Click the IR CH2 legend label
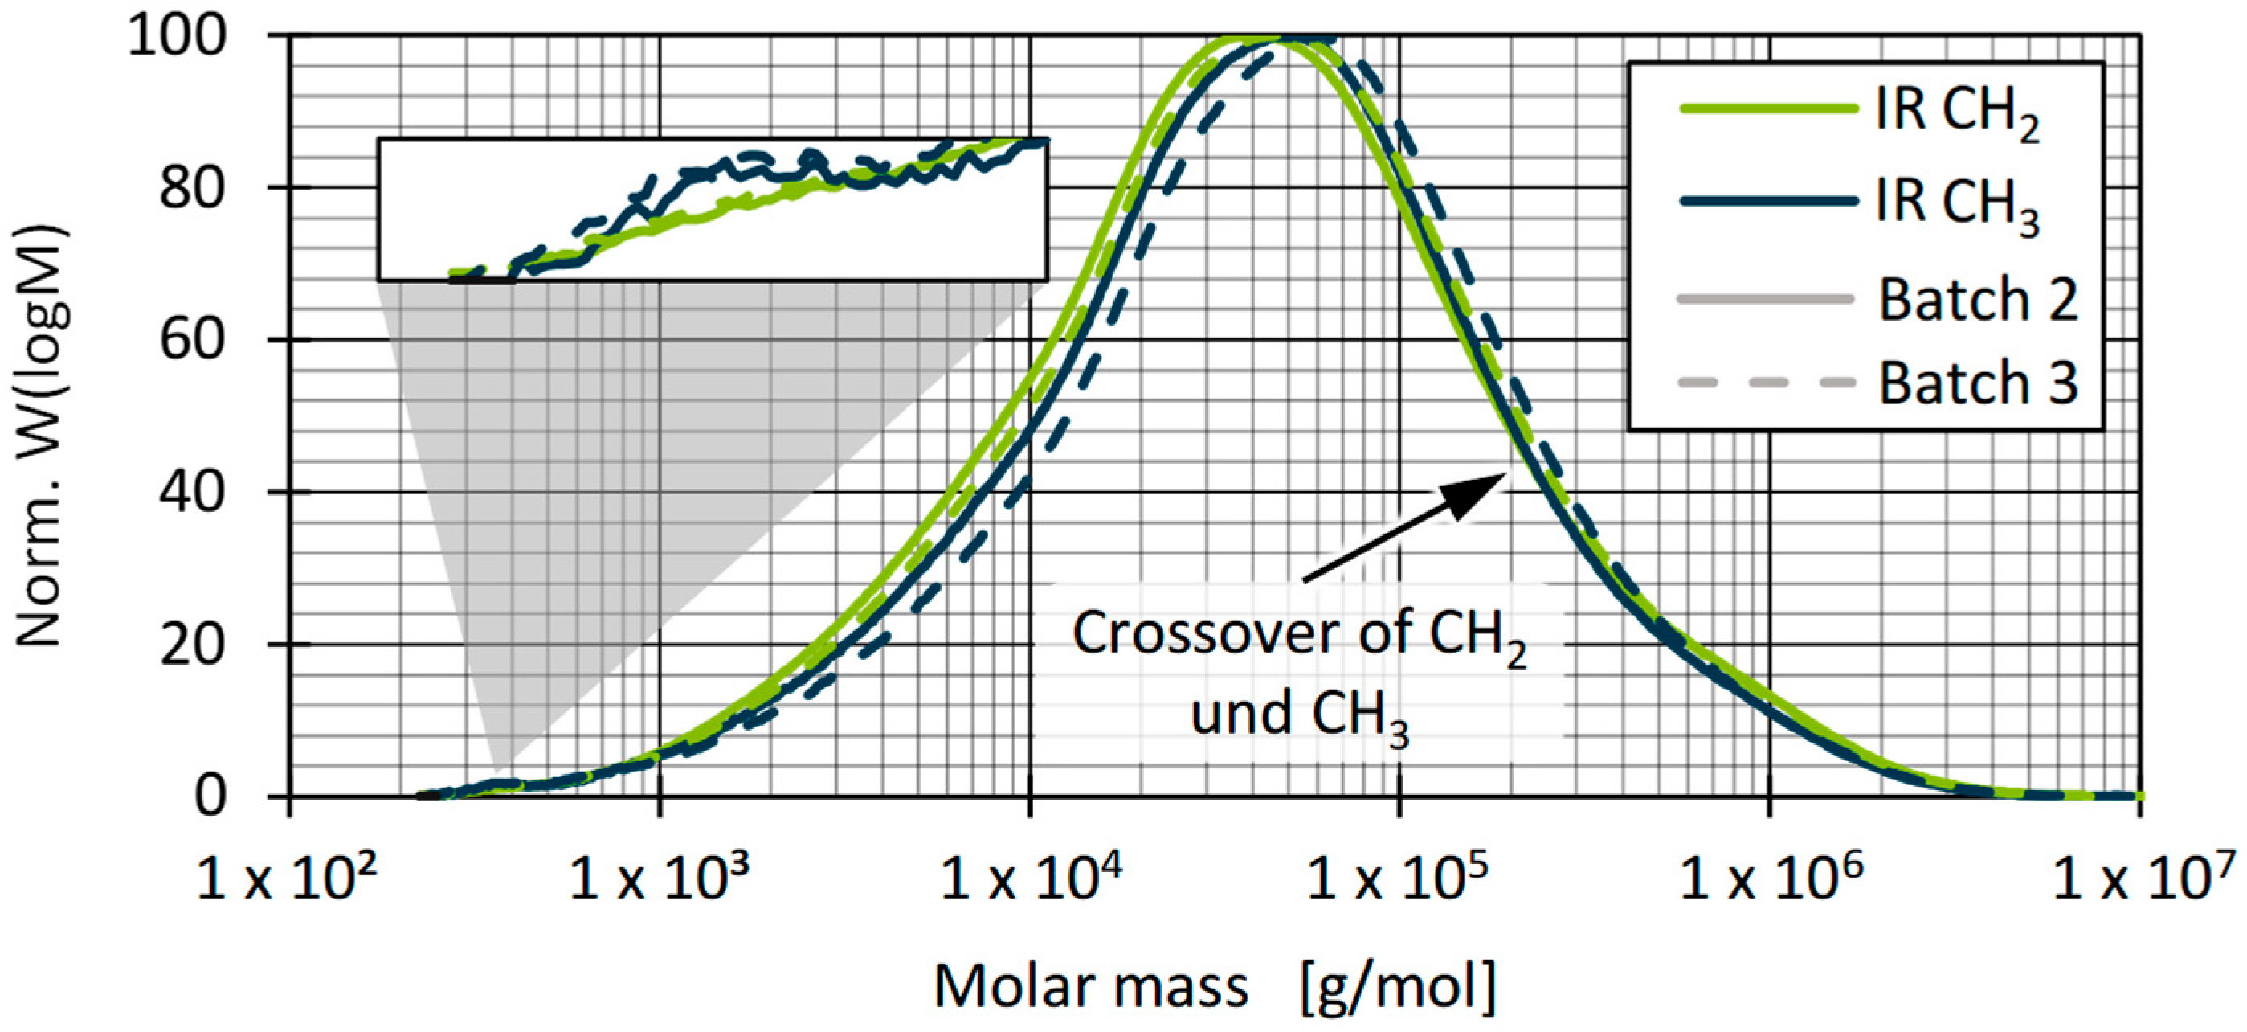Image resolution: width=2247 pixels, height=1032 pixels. [x=1956, y=114]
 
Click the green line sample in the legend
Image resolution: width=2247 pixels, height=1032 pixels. [x=1767, y=109]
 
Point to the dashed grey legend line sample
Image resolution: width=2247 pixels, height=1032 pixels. [x=1767, y=382]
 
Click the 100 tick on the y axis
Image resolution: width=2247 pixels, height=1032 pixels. [x=177, y=37]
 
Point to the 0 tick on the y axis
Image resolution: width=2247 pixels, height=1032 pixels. [x=210, y=797]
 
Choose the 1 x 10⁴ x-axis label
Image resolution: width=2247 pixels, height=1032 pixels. [x=1031, y=879]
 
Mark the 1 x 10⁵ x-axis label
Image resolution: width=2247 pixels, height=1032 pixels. [x=1402, y=879]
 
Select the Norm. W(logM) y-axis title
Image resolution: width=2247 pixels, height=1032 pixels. [x=39, y=436]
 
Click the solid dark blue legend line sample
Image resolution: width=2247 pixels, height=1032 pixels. [x=1767, y=202]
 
